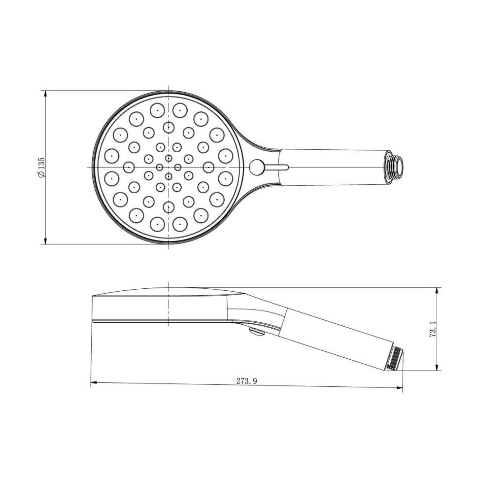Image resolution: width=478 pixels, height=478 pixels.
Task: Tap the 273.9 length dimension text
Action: [x=247, y=381]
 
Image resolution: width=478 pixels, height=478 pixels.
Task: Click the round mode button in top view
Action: [x=257, y=167]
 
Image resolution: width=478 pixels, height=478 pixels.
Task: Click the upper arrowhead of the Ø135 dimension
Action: [x=45, y=94]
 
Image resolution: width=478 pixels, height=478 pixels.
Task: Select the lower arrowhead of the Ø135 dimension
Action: [x=45, y=241]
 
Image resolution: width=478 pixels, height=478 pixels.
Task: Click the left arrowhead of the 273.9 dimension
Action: [x=94, y=381]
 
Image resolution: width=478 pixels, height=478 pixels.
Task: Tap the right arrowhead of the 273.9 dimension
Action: [x=400, y=387]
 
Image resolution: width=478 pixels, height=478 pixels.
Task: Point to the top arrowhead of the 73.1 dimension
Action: [x=437, y=291]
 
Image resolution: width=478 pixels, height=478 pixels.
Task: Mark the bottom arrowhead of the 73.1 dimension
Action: [x=437, y=367]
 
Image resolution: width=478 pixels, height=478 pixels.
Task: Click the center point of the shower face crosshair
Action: [x=169, y=167]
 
